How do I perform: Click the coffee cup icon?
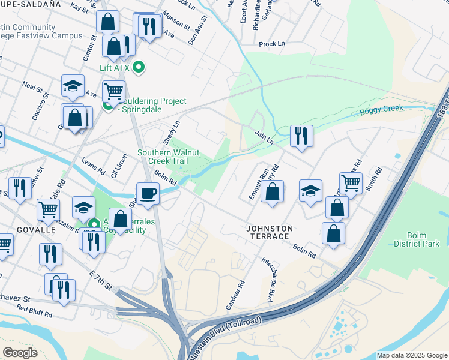coord(148,193)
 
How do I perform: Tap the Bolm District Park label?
coord(417,239)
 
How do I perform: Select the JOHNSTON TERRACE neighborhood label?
coord(270,232)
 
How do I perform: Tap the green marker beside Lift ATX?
coord(139,68)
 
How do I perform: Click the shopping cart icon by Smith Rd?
coord(351,183)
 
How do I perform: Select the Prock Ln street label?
coord(271,44)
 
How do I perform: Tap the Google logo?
coord(20,352)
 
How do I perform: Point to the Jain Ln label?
coord(264,137)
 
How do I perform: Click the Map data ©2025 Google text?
coord(412,355)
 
